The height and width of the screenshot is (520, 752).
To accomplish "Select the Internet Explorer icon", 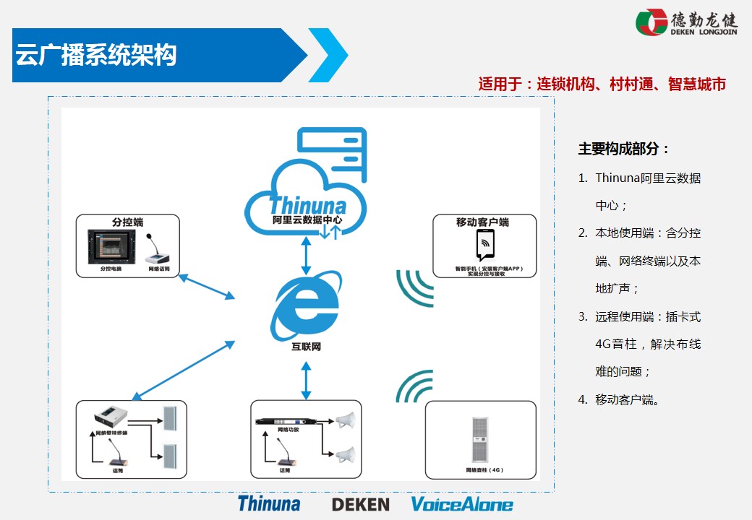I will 307,307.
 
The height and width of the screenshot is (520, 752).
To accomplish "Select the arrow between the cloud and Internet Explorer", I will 307,253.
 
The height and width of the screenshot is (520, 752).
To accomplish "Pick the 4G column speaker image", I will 480,438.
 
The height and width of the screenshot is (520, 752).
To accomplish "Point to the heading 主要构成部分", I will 624,149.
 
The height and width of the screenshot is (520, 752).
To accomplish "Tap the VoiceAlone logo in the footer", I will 462,504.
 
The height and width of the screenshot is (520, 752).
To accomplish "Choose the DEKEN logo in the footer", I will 360,504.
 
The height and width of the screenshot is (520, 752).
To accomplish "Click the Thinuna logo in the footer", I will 269,503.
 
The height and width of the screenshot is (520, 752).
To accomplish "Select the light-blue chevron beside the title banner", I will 329,55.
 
